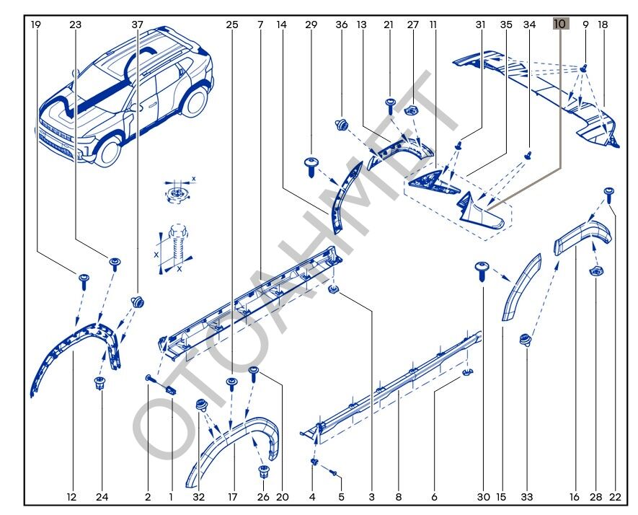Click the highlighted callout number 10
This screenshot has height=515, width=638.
pos(560,24)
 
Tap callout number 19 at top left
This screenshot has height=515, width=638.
pos(36,24)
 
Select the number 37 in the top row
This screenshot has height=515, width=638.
pos(138,24)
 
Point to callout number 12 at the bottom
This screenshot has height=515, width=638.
pos(71,496)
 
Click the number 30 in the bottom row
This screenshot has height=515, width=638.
pos(483,496)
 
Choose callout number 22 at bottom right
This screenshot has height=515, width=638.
pos(614,496)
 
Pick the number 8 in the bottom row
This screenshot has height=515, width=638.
pos(398,496)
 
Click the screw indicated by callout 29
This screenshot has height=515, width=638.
pos(312,164)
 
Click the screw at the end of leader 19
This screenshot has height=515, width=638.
pos(83,278)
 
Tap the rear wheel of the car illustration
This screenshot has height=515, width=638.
pos(195,100)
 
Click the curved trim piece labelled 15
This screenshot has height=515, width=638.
pos(522,289)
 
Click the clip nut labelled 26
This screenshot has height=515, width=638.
pos(264,472)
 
